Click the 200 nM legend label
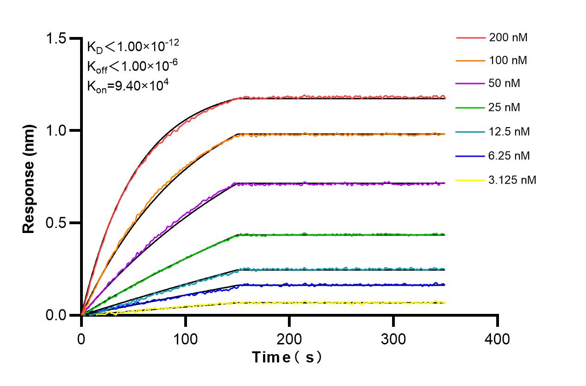508,37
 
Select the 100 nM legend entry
508,60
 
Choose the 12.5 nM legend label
509,132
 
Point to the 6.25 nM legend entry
509,156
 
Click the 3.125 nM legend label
512,180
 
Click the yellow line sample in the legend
470,180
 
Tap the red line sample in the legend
470,37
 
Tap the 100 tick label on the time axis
185,339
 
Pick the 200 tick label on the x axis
289,339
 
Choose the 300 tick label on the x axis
393,339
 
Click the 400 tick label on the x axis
498,339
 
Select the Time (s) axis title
287,357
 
